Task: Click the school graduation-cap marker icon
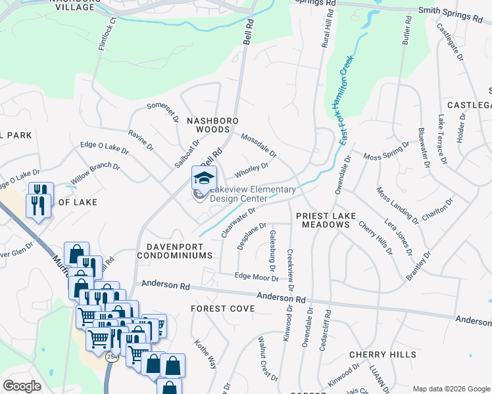(204, 178)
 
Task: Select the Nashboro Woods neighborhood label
(212, 126)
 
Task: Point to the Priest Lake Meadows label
(322, 220)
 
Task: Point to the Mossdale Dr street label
(258, 145)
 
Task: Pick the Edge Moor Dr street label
(257, 277)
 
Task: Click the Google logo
(22, 386)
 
